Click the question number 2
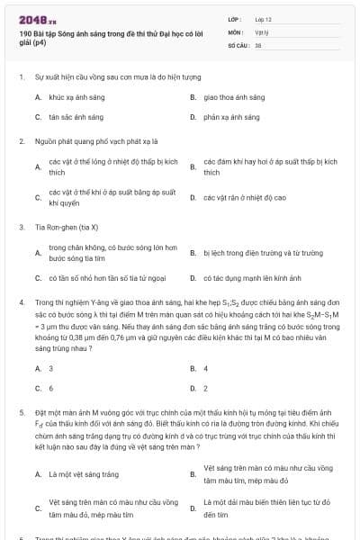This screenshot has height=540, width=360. tap(20, 141)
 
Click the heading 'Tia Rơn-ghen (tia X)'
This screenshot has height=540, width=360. tap(66, 227)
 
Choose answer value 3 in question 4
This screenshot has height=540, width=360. tap(50, 368)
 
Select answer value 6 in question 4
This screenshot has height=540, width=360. tap(50, 389)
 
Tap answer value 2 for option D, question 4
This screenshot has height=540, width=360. tap(205, 389)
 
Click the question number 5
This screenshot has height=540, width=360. tap(20, 411)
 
